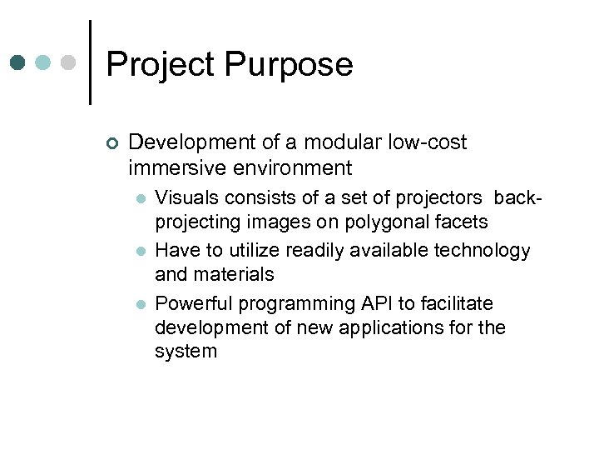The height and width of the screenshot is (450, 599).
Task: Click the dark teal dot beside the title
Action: [17, 62]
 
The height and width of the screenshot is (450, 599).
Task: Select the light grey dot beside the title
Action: [69, 62]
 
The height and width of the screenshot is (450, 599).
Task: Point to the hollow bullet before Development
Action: [113, 143]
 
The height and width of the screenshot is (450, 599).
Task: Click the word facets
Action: [462, 222]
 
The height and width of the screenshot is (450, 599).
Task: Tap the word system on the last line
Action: [186, 352]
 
